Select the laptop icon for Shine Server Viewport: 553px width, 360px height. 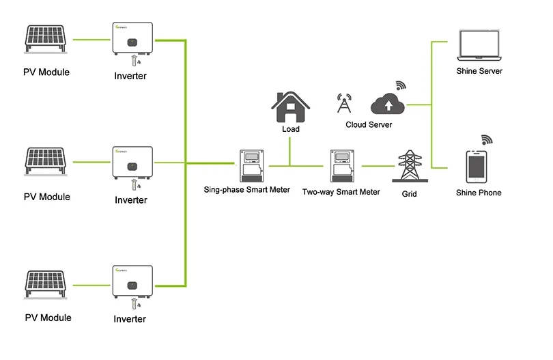479,46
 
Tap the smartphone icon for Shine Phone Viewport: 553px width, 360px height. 478,167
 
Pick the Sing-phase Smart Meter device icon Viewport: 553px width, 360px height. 251,166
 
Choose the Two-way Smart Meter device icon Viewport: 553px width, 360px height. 340,166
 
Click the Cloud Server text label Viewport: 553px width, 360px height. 369,125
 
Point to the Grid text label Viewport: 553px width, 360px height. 409,194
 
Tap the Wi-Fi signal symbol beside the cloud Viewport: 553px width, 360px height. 401,85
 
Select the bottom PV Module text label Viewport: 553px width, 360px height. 47,318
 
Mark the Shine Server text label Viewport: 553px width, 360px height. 479,71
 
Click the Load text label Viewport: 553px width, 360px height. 290,128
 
